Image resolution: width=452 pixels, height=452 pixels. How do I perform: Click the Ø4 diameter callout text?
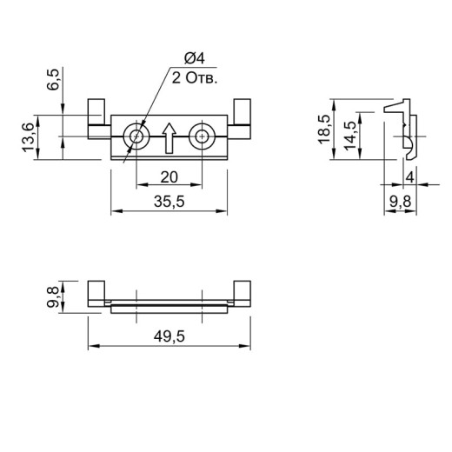[195, 58]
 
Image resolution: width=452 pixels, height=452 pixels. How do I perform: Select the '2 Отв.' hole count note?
[195, 78]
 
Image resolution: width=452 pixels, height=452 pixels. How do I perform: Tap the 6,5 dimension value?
[54, 80]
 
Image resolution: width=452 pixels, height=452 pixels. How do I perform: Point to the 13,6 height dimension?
[29, 137]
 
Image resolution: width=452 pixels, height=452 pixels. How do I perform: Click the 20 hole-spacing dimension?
[169, 177]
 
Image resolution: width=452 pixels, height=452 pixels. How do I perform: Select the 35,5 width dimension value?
[169, 202]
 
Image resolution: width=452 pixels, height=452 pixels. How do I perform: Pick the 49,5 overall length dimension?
[169, 336]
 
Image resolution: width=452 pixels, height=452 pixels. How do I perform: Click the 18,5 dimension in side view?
[324, 130]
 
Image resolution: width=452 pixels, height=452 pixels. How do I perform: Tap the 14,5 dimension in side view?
[350, 136]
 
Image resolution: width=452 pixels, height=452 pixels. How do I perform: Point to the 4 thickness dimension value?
[410, 177]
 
